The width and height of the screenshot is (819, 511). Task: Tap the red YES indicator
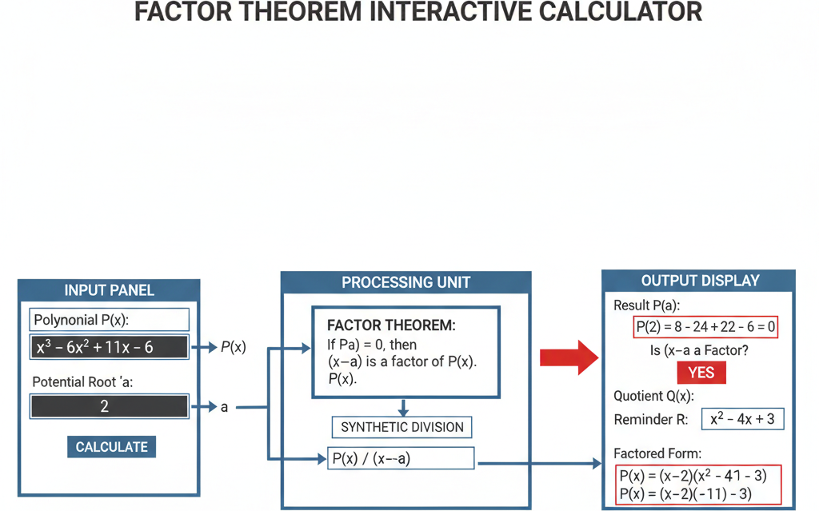[x=701, y=373]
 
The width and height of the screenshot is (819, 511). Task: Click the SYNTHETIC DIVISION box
[x=402, y=427]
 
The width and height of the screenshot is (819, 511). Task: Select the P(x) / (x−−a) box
[x=402, y=458]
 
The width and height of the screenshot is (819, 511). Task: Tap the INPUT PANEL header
[x=110, y=290]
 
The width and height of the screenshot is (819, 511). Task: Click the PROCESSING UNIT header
[x=406, y=282]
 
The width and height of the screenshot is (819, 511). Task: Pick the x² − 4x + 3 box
[x=742, y=419]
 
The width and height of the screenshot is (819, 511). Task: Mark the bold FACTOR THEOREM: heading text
[x=391, y=325]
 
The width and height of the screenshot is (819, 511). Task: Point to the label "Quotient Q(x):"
[x=654, y=397]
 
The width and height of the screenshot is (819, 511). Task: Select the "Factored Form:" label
[x=657, y=453]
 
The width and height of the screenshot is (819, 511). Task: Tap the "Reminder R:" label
[x=651, y=420]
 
